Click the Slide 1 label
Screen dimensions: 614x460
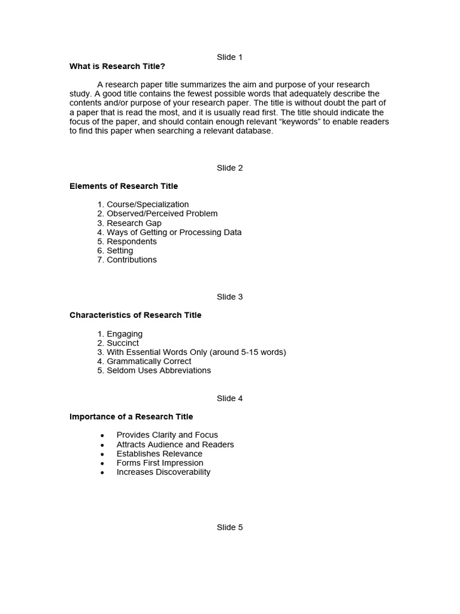pos(229,57)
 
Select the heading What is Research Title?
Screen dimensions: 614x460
pos(117,67)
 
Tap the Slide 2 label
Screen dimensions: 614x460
pos(229,168)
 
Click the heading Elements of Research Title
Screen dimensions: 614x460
pos(123,186)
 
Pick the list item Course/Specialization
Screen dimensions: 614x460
pos(147,204)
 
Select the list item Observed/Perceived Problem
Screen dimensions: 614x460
pos(162,213)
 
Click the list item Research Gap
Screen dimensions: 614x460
pos(134,223)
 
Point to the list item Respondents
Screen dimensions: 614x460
pos(132,242)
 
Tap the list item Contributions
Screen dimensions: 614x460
pos(131,260)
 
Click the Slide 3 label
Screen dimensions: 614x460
pos(229,297)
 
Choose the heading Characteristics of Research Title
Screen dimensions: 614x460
pos(135,315)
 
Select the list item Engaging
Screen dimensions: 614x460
pos(125,334)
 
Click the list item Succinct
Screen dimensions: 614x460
pos(123,343)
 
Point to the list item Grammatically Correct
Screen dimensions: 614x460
pos(149,362)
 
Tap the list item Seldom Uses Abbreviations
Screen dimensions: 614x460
pos(159,371)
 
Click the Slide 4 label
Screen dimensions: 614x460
pos(229,398)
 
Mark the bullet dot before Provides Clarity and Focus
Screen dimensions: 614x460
pos(102,435)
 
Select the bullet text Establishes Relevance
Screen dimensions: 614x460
pos(159,454)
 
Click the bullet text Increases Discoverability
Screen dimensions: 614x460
pos(164,472)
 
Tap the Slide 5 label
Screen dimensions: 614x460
pos(229,528)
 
